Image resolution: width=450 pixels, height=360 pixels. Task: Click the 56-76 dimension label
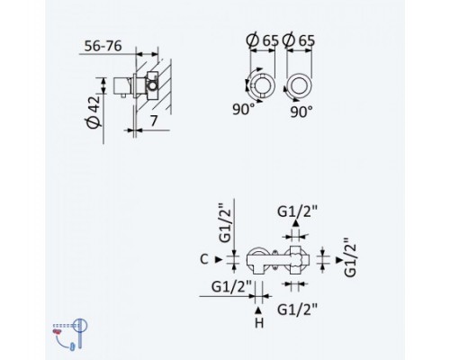103,46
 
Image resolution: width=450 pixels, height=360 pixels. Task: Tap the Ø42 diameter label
93,112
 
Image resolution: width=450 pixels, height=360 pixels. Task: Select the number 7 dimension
154,121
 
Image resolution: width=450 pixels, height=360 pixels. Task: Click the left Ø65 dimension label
262,40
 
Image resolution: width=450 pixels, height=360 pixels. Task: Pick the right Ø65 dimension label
299,40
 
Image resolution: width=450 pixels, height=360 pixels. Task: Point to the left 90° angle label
244,109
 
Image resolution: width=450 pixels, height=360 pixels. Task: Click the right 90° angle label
301,112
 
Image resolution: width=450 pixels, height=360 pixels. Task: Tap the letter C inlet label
204,259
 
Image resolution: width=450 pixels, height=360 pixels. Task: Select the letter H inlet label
259,323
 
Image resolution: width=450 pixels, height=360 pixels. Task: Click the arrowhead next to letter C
219,259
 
